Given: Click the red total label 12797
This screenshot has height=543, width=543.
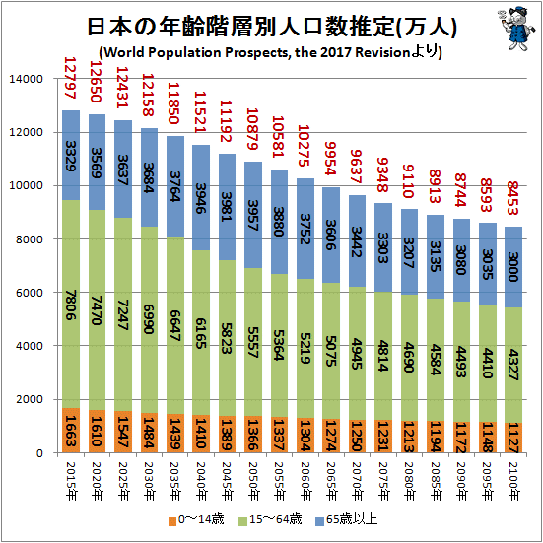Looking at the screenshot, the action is (x=70, y=78).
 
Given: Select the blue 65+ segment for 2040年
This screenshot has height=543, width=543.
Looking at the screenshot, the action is (x=201, y=198).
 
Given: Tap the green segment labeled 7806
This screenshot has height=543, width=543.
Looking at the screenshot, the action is (x=71, y=305).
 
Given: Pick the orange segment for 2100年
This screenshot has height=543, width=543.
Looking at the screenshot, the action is (x=513, y=438).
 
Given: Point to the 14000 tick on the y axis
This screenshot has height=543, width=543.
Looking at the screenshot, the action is (x=27, y=79).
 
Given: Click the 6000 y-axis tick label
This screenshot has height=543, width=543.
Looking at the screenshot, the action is (x=30, y=293).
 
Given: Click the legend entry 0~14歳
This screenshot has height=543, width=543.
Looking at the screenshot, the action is (x=196, y=520).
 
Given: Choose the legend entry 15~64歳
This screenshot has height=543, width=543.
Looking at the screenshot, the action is (x=271, y=520).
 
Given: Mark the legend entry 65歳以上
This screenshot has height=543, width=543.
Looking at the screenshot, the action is (x=346, y=520).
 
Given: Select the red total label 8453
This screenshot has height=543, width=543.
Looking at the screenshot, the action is (x=513, y=198).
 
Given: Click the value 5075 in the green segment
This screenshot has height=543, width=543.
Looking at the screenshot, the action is (x=331, y=349).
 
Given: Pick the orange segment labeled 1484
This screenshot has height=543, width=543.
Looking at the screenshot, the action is (x=149, y=433).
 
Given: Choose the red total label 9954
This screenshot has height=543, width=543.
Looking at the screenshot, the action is (x=331, y=159).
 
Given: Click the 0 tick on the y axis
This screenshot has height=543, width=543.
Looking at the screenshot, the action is (x=39, y=453).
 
